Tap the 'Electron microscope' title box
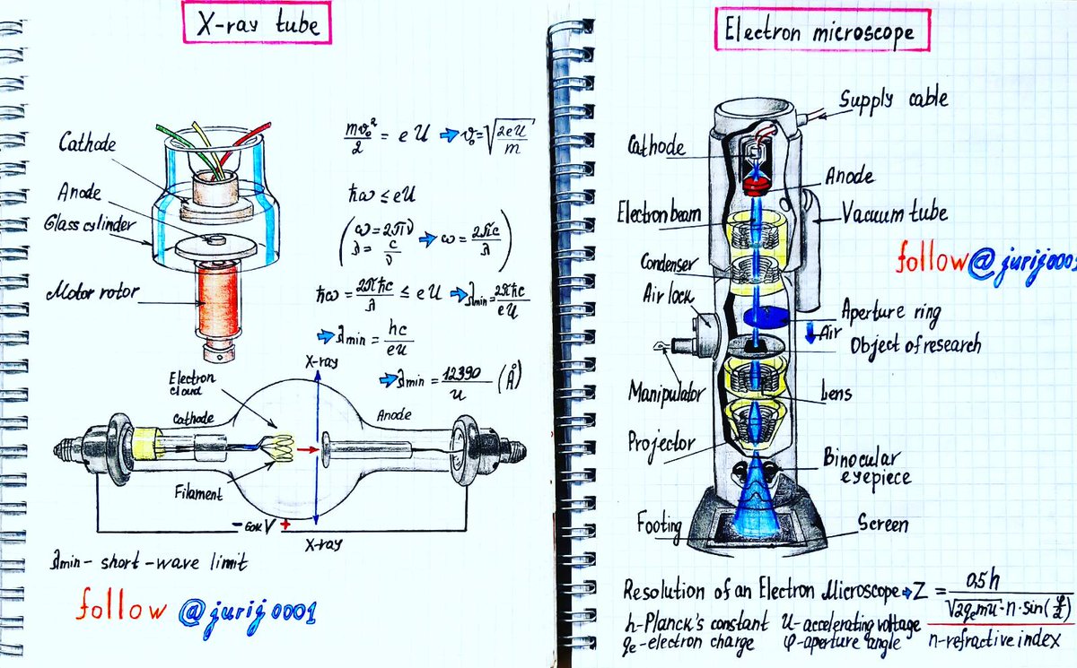(x=820, y=33)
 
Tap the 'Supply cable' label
(x=893, y=99)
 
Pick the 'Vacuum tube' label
(x=893, y=214)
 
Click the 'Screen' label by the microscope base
(x=883, y=523)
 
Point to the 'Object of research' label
(x=915, y=343)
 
